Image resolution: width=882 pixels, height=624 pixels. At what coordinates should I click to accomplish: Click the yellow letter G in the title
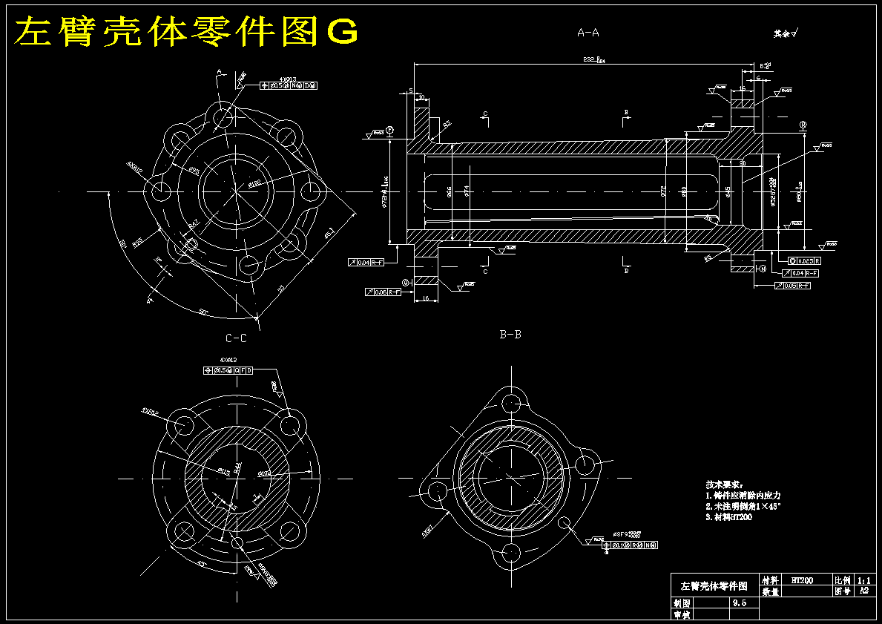click(x=343, y=32)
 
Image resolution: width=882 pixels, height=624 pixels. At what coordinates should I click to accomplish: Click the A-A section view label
click(x=588, y=33)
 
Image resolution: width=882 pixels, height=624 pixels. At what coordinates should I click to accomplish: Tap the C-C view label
click(x=236, y=338)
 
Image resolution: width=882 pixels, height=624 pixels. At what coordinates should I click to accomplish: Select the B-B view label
click(x=510, y=335)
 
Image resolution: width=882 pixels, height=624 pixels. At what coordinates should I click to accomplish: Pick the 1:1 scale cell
click(x=863, y=580)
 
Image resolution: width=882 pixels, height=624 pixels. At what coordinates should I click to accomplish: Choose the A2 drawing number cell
click(x=863, y=591)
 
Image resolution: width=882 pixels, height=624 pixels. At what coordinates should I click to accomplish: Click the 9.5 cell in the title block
click(x=739, y=603)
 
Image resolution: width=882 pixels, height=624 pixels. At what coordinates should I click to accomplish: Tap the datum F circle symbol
click(x=389, y=130)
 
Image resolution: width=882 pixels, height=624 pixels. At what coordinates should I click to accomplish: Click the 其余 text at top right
click(x=782, y=33)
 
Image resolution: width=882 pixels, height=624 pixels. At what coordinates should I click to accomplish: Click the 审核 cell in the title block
click(x=681, y=614)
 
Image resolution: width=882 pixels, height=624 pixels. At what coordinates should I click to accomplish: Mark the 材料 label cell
click(x=770, y=580)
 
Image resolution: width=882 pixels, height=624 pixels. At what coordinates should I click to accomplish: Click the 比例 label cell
click(x=842, y=580)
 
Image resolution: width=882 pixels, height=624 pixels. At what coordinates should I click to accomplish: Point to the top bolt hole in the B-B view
click(x=511, y=403)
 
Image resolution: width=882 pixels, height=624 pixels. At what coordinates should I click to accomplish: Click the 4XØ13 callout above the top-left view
click(x=288, y=78)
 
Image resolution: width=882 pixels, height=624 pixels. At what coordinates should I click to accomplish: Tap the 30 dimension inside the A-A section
click(x=743, y=163)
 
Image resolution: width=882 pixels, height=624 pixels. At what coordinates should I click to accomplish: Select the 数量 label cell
click(x=770, y=591)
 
